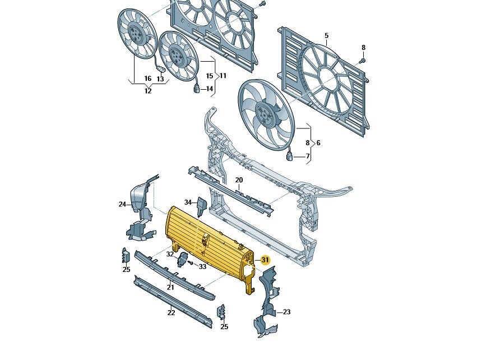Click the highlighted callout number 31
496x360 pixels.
coord(265,260)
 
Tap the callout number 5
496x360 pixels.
coord(326,36)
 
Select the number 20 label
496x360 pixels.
coord(239,180)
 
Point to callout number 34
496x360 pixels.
coord(188,202)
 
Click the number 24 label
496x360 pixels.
coord(122,205)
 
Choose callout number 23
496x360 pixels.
coord(286,312)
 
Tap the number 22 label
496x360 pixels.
coord(171,313)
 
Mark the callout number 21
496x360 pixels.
coord(170,288)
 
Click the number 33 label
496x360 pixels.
coord(202,267)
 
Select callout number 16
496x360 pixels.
coord(148,79)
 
